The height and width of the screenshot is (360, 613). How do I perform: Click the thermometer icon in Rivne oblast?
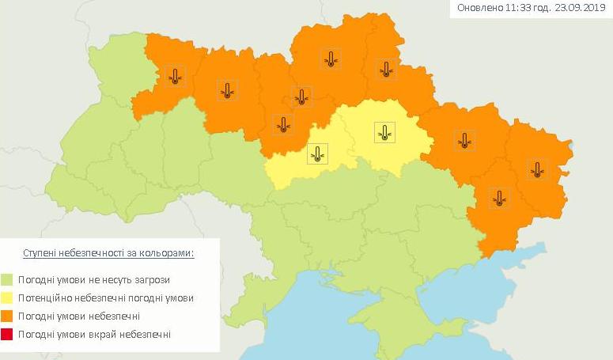pos(175,76)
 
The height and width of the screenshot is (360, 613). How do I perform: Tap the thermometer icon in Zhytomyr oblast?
pos(228,90)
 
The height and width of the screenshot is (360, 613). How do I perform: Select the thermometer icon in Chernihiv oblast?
pos(331,59)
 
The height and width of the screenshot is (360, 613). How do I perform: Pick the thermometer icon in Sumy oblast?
pos(386,69)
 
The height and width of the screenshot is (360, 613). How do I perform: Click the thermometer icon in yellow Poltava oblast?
pos(384,132)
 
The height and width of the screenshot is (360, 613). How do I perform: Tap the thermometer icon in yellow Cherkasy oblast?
pos(317,153)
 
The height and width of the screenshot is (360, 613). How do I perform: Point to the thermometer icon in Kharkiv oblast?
pos(464,141)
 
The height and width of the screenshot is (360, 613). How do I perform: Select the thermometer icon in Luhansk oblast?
pos(538,168)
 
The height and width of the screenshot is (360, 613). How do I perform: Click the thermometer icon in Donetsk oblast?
pos(498,197)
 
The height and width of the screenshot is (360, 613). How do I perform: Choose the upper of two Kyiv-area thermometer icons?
pos(301,97)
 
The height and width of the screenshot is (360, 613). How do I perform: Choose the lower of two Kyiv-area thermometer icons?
pos(282,124)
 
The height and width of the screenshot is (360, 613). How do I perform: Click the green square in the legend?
pos(7,279)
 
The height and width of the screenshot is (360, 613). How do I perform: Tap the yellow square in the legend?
pos(7,298)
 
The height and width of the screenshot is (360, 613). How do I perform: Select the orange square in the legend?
pos(7,316)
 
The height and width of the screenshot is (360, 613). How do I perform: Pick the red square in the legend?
pos(7,335)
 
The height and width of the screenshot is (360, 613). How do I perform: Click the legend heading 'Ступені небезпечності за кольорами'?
pos(109,252)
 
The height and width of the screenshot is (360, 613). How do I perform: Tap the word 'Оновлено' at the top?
pos(479,9)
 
